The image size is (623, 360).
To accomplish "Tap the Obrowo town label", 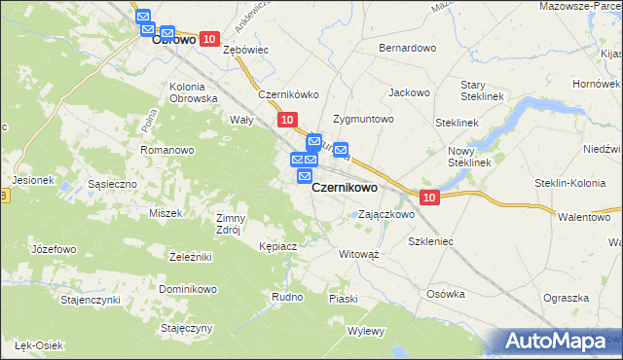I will point(174,42).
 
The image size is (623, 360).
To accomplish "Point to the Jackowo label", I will point(409,92).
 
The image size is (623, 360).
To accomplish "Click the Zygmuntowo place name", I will point(363,119).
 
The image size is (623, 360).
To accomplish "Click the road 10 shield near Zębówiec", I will point(209,38).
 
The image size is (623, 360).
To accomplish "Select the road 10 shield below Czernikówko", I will point(286,119).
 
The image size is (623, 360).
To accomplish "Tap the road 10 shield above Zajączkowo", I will point(431,197).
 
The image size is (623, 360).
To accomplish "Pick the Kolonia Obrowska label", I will point(193,92).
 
